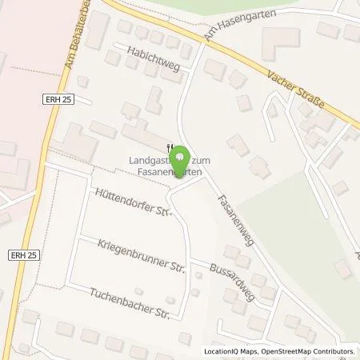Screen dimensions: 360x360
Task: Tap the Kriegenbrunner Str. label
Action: pos(142,254)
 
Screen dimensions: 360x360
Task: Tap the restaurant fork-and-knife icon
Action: pos(168,146)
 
